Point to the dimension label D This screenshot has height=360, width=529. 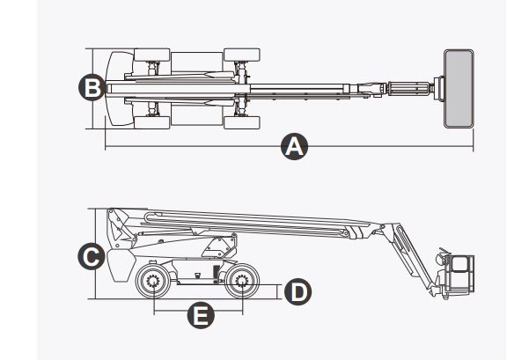(299, 290)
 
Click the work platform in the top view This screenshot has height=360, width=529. (458, 87)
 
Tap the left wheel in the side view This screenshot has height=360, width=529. (153, 283)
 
